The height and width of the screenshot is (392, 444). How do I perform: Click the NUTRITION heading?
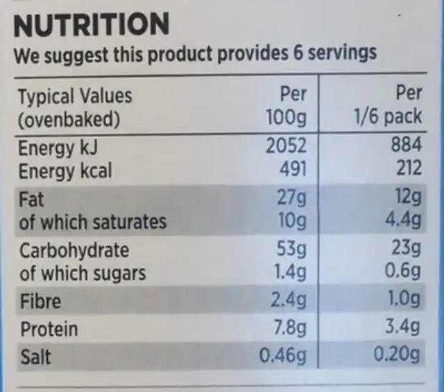pos(92,24)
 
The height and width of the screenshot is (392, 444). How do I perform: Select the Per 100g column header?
pos(286,106)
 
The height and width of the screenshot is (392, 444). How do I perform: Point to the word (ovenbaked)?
pos(69,119)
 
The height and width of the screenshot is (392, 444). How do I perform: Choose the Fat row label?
pos(31,199)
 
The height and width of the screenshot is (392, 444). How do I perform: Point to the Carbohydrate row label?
pos(74,251)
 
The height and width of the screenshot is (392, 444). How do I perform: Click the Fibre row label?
pos(40,301)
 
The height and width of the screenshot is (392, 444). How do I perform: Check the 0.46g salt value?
pos(282,357)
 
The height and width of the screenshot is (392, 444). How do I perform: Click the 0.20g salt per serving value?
pos(396,357)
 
